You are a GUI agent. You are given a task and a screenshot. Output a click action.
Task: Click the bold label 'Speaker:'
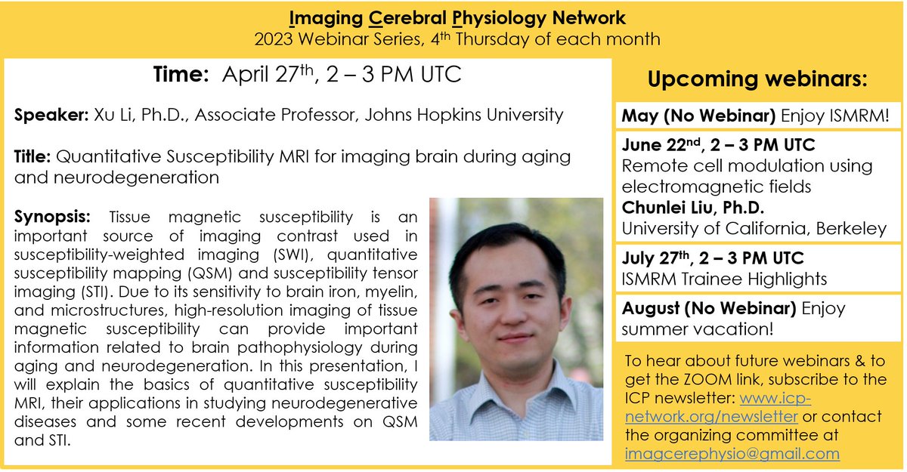pos(49,116)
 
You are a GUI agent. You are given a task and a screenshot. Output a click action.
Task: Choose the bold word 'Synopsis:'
pos(48,217)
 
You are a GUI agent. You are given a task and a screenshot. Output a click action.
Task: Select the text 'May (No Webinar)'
pos(684,117)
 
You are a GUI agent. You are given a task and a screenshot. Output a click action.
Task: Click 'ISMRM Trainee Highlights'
pos(724,279)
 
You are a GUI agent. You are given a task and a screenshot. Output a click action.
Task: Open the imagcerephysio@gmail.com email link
pos(732,454)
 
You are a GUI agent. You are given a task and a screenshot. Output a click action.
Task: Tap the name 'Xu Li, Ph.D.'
pos(132,116)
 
